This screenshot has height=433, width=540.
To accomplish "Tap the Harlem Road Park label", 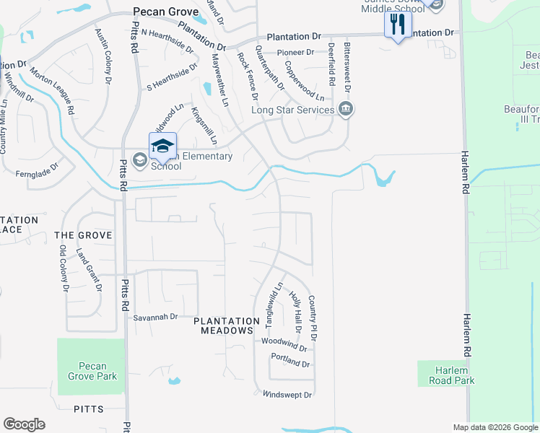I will (446, 375).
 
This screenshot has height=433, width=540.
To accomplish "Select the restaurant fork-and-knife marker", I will (398, 25).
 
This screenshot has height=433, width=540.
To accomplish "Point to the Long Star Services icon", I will (346, 110).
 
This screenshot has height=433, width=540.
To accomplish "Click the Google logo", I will (24, 424).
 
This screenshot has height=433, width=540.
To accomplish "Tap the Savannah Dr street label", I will (154, 317).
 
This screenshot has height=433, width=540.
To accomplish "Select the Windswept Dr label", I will (287, 395).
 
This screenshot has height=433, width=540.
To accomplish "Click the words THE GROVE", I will (83, 235).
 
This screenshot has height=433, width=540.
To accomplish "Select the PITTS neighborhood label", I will (88, 409).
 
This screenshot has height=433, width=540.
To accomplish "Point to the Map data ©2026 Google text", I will (495, 427).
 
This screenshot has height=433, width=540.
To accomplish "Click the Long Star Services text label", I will (292, 110).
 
